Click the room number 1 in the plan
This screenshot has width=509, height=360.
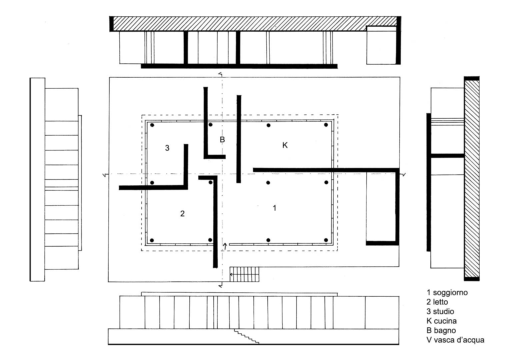point(274,208)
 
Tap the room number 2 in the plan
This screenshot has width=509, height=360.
point(182,213)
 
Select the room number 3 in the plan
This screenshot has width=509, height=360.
point(167,148)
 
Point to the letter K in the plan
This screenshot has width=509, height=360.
point(285,145)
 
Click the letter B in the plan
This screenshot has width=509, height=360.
point(222,139)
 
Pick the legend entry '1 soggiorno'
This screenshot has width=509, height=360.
point(447,293)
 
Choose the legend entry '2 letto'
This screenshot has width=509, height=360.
point(437,302)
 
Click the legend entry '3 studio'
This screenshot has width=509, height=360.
point(440,311)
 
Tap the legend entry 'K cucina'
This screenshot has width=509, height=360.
point(442,321)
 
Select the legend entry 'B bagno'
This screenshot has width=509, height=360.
point(441,330)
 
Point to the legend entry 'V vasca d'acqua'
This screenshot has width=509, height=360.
point(455,340)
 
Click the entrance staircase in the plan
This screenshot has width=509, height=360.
point(244,274)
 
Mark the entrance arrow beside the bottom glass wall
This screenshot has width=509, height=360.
point(225,246)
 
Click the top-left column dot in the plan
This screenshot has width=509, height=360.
point(152,125)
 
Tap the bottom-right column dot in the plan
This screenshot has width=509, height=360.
point(326,240)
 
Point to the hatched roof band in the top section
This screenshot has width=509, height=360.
point(255,24)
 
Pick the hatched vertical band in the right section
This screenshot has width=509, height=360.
point(472,179)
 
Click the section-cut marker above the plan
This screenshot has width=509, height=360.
point(220,74)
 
